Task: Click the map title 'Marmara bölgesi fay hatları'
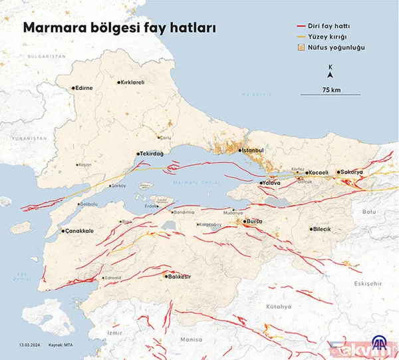pyautogui.click(x=120, y=28)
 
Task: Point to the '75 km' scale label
pyautogui.click(x=331, y=89)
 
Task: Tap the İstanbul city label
pyautogui.click(x=254, y=151)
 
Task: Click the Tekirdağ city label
pyautogui.click(x=151, y=152)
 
